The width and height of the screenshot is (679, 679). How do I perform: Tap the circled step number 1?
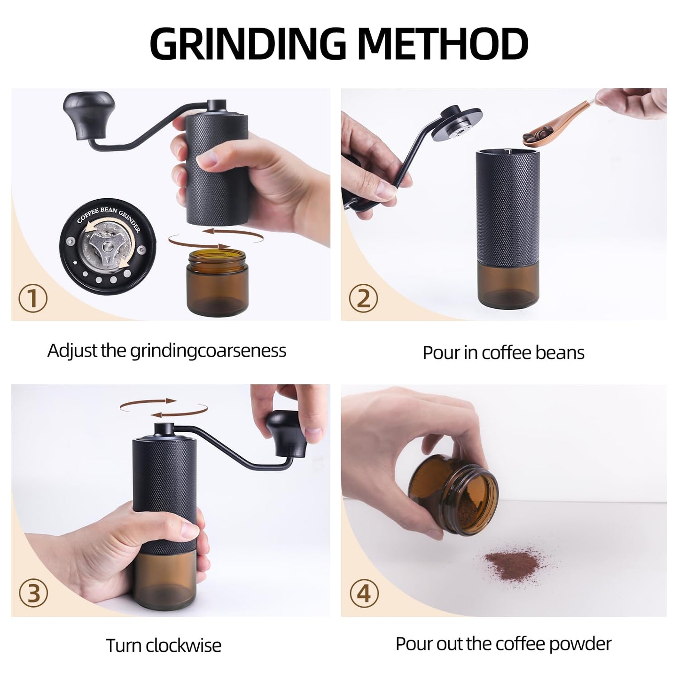point(33,298)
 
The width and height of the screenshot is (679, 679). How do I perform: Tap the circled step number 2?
point(363,298)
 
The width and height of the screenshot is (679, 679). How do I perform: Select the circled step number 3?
point(33,593)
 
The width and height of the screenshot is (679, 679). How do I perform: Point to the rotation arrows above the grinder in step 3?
point(163,408)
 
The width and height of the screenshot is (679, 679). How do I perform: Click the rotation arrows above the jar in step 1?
point(215,238)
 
